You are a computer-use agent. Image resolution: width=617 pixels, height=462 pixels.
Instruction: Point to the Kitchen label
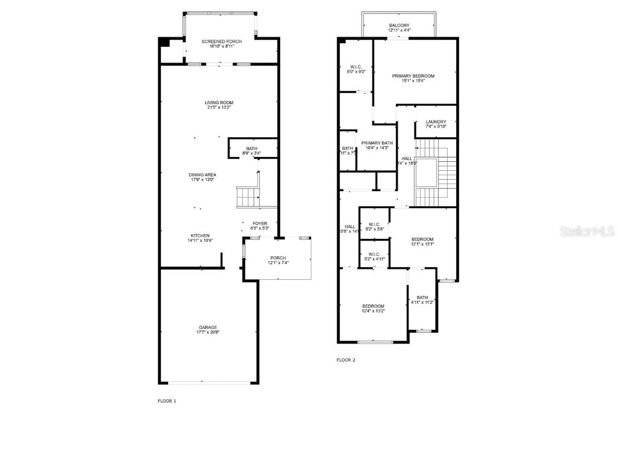(x=200, y=235)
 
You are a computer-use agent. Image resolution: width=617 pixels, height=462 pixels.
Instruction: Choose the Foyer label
(x=260, y=223)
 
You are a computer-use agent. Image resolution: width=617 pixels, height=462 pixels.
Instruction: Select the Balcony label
(x=399, y=25)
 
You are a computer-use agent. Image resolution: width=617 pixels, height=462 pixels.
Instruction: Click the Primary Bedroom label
(x=413, y=76)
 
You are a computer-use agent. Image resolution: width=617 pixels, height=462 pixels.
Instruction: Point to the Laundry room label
(x=436, y=122)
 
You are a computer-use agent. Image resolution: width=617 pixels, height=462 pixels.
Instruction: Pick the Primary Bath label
(x=377, y=143)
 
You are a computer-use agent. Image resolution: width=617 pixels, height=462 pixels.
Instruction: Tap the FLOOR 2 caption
(x=346, y=360)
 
